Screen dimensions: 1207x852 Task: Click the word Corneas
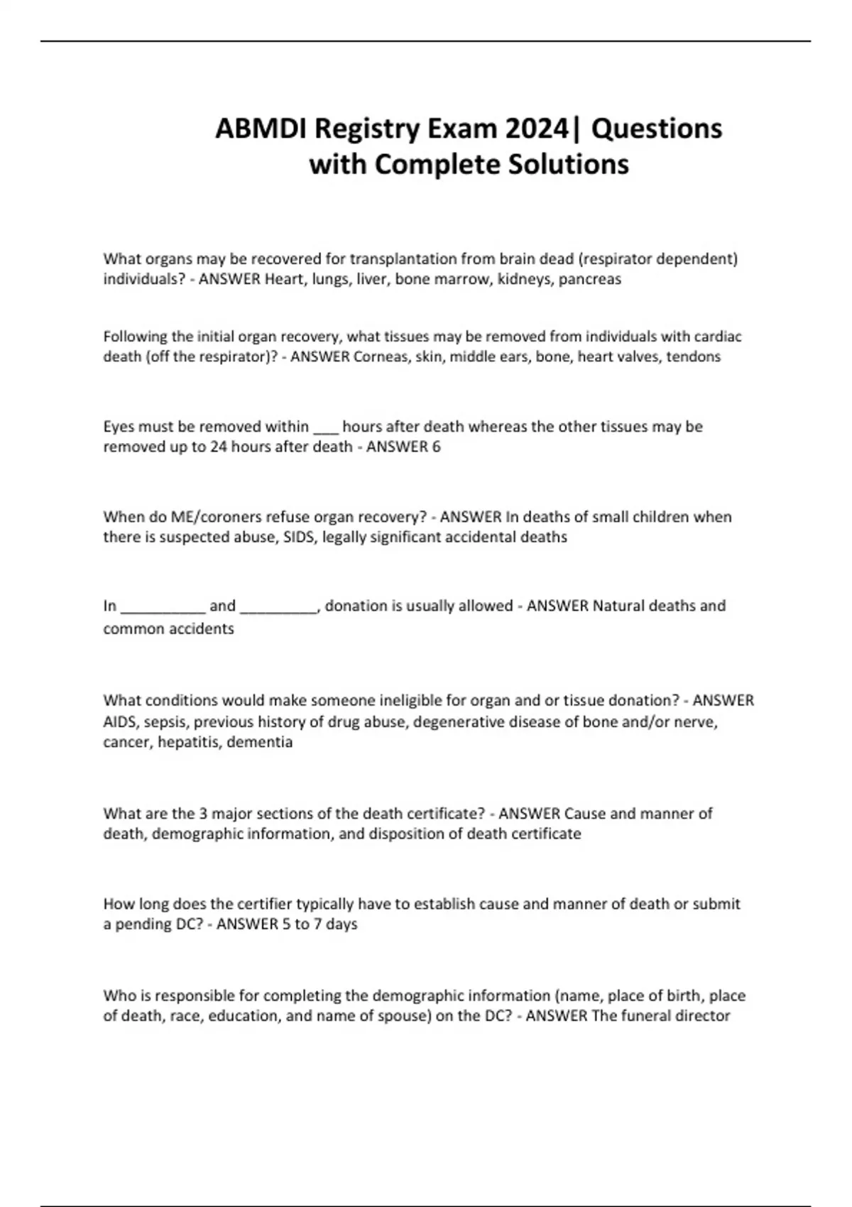coord(380,356)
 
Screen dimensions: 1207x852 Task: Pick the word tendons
coord(693,356)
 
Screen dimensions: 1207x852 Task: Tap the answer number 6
coord(436,447)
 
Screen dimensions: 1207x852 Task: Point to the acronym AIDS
coord(119,722)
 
